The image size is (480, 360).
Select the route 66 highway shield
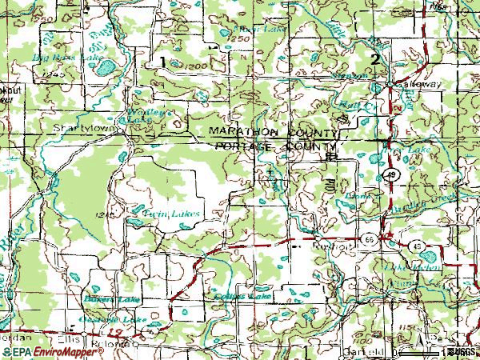click(366, 238)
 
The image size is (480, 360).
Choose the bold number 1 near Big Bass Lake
click(162, 62)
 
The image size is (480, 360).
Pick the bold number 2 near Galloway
click(374, 60)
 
